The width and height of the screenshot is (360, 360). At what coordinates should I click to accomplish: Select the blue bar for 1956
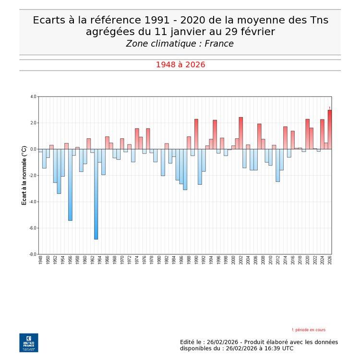tap(70, 185)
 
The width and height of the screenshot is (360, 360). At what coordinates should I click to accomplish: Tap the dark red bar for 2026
tap(330, 130)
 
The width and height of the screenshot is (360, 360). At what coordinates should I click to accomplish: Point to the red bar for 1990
tap(196, 134)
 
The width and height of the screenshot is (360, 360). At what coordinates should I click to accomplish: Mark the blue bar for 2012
tap(277, 165)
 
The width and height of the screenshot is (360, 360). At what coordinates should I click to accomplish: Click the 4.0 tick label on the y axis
tap(33, 96)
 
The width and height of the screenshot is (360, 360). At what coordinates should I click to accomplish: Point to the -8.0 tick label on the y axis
tap(33, 254)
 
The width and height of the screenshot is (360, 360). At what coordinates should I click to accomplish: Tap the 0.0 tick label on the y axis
tap(33, 149)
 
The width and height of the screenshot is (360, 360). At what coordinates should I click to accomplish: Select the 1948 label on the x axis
tap(41, 261)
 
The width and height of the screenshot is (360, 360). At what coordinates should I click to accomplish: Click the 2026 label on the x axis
tap(330, 261)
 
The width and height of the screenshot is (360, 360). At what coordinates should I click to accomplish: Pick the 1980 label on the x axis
tap(159, 261)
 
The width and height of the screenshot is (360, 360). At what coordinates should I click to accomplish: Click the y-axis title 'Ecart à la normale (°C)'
tap(24, 176)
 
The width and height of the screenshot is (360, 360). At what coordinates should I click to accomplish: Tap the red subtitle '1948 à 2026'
tap(180, 65)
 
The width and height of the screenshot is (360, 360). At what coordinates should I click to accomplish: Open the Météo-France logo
tap(28, 342)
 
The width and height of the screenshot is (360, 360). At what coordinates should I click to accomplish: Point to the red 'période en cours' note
tap(309, 330)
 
